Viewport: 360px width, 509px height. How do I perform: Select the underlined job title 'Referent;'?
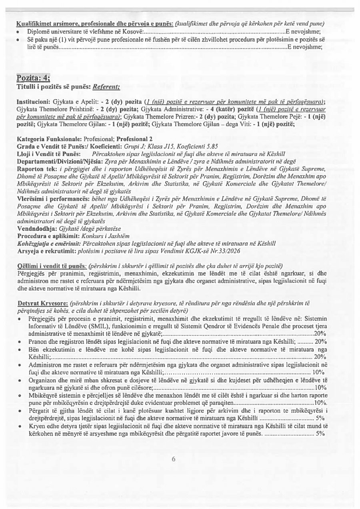point(106,86)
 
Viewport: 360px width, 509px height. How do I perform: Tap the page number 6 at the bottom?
point(174,459)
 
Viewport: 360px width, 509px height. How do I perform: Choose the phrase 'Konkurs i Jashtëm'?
point(109,236)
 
